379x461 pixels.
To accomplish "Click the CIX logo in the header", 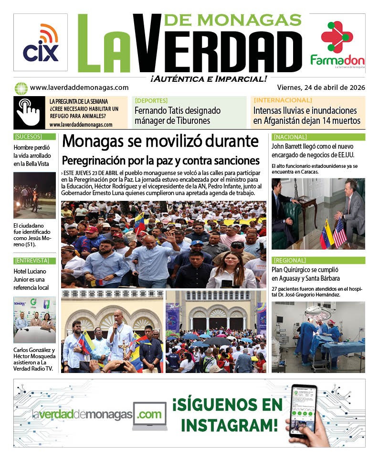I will [41, 43].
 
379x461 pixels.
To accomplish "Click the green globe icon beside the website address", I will [21, 88].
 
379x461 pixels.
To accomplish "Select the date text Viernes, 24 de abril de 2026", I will [321, 88].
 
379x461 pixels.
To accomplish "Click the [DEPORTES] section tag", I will [151, 100].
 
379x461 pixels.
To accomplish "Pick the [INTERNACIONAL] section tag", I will [283, 100].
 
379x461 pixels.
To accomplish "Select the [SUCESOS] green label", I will [28, 137].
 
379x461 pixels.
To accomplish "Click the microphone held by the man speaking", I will [115, 327].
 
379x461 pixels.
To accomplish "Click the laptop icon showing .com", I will [149, 415].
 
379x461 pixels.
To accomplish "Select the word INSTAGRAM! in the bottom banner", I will [229, 424].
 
